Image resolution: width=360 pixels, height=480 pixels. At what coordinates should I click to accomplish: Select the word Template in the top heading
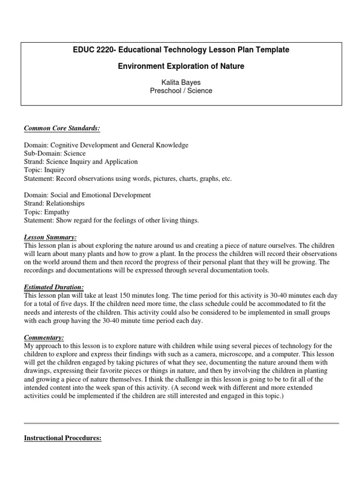click(x=272, y=50)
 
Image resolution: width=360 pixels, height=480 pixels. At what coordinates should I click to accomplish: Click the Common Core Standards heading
click(x=62, y=128)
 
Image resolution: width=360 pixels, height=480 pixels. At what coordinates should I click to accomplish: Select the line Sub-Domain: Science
click(x=55, y=153)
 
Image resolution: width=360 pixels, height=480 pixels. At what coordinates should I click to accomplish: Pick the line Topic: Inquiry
click(x=45, y=170)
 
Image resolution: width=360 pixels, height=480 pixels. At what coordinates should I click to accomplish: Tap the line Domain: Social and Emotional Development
click(x=87, y=195)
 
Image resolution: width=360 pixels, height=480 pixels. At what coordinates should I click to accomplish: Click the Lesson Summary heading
click(x=50, y=237)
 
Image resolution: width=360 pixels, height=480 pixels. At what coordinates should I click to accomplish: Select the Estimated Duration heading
click(x=55, y=287)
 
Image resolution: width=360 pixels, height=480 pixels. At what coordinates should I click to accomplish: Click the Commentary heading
click(x=44, y=337)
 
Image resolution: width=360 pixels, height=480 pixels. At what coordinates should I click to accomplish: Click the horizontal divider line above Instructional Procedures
click(x=181, y=423)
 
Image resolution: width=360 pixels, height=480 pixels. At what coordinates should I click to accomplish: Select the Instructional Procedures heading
click(x=63, y=438)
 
